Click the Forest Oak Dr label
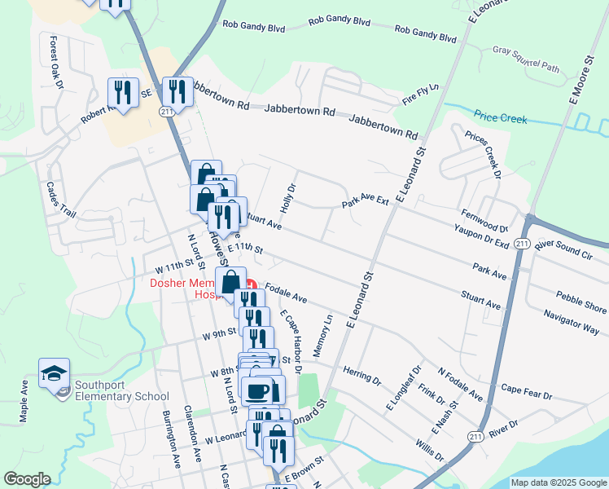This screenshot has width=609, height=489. pos(56,62)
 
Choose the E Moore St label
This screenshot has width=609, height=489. pos(581,81)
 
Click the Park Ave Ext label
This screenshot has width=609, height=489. pos(366,201)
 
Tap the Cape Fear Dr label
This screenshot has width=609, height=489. pos(527,390)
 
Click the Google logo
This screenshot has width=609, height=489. pos(27,479)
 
